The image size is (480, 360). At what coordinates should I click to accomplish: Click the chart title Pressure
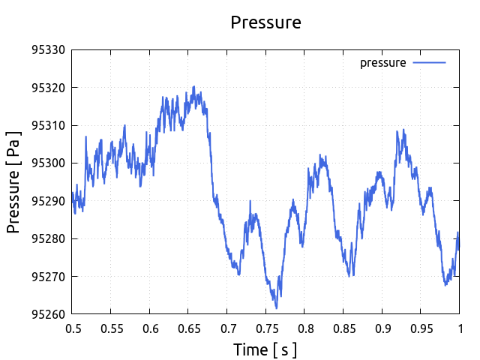click(265, 22)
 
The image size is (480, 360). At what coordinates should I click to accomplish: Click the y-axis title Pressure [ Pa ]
click(14, 181)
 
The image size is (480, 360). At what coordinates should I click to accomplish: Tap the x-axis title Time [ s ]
click(265, 349)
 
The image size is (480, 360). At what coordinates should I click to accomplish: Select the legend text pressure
click(382, 63)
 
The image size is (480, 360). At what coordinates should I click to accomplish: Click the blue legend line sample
click(430, 63)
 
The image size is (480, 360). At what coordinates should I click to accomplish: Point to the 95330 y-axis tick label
click(48, 50)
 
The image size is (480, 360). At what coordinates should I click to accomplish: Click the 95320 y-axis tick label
click(48, 88)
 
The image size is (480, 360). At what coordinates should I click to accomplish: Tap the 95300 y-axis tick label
click(48, 163)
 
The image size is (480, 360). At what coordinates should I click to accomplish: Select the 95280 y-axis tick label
click(48, 238)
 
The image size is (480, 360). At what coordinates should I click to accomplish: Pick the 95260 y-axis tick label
click(48, 314)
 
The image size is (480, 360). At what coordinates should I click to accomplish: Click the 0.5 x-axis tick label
click(73, 328)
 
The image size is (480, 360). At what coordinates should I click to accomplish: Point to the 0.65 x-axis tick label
click(188, 328)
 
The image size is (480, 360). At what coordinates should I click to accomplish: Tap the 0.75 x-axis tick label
click(265, 328)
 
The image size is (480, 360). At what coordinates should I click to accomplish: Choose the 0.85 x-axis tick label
click(343, 328)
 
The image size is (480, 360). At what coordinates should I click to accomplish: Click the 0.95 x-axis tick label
click(420, 328)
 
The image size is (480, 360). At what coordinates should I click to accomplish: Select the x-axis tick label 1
click(459, 328)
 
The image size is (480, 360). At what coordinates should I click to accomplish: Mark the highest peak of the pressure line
click(193, 86)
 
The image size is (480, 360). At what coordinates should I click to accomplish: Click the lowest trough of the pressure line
click(276, 308)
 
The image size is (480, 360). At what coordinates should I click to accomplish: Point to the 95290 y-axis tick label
click(48, 201)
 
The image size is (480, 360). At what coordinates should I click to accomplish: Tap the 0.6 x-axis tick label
click(150, 328)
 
